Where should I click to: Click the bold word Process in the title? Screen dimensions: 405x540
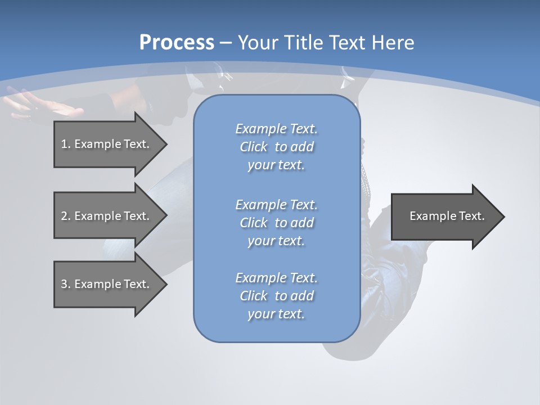177,43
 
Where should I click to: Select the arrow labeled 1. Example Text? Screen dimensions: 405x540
107,144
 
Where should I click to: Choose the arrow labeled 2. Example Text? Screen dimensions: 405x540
107,216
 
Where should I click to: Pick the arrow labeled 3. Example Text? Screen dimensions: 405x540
107,284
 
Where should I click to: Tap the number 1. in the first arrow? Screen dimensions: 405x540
65,144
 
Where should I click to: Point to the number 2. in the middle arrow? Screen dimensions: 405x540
65,216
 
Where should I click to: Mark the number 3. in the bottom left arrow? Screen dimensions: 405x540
65,284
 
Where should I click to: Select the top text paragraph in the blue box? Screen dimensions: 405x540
276,147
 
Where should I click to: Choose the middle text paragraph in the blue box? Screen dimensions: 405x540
276,223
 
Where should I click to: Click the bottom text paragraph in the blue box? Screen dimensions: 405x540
276,296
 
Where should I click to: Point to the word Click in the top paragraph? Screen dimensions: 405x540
253,147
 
